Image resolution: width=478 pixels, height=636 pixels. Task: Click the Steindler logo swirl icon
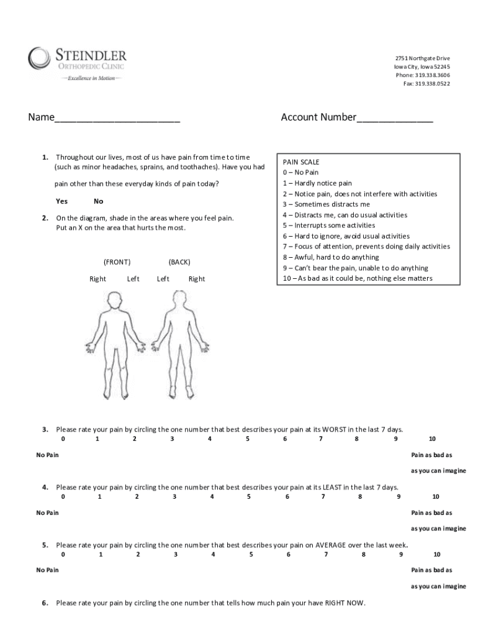[x=39, y=60]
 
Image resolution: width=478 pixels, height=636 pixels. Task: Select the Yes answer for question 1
[x=62, y=201]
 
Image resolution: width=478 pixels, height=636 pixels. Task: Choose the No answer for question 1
[x=99, y=201]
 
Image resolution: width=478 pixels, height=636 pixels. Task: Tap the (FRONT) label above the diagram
[x=117, y=262]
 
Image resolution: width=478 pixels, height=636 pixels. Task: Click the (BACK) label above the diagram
[x=179, y=262]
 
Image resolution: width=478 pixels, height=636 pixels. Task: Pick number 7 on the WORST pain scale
[x=321, y=439]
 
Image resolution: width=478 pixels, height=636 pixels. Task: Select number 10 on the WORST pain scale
[x=432, y=439]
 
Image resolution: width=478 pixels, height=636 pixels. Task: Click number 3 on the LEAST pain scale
[x=174, y=496]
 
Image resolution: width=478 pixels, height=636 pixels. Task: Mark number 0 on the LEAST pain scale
[x=63, y=496]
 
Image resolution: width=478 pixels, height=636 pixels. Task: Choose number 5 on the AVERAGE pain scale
[x=251, y=554]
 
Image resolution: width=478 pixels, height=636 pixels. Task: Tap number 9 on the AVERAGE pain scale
[x=401, y=554]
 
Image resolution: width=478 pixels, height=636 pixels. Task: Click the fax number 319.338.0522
[x=432, y=84]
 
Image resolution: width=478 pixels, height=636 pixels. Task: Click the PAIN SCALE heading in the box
[x=301, y=161]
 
